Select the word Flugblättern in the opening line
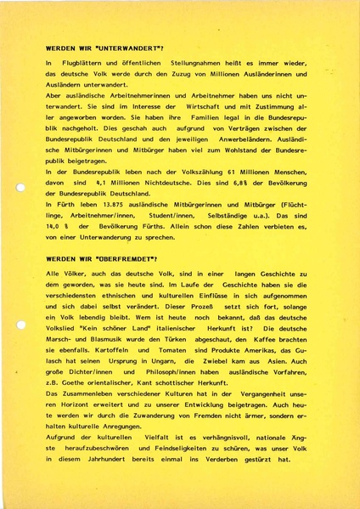click(84, 65)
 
